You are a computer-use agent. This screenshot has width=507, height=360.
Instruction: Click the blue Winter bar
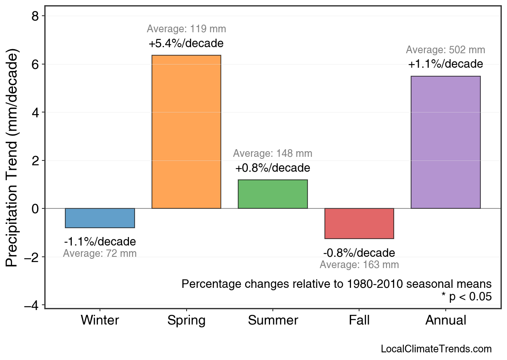(x=100, y=218)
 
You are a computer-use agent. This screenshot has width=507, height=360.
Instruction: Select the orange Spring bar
(x=186, y=132)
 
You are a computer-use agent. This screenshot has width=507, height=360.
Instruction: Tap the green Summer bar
(x=273, y=194)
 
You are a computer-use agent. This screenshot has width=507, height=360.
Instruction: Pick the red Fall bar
(x=359, y=223)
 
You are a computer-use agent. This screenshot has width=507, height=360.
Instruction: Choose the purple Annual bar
(x=445, y=142)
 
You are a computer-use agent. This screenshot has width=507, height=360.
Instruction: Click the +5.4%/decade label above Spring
(x=186, y=43)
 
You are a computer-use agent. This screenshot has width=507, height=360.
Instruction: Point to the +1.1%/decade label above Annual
(x=445, y=64)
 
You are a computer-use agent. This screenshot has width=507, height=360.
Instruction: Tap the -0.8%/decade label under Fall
(x=359, y=253)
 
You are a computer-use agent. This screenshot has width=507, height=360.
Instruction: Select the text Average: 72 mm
(x=100, y=254)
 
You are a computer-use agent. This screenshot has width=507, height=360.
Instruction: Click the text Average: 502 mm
(x=445, y=50)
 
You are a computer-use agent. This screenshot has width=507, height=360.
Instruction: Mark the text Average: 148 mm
(x=273, y=154)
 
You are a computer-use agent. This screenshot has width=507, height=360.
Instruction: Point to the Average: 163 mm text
(x=359, y=265)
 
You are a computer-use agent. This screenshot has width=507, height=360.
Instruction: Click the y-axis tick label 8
(x=36, y=16)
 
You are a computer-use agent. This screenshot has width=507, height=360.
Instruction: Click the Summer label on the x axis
(x=273, y=320)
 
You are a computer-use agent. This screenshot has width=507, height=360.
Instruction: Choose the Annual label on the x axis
(x=445, y=320)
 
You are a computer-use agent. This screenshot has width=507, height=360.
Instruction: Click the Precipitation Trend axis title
(x=12, y=158)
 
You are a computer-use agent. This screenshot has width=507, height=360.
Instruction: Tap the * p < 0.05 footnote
(x=466, y=297)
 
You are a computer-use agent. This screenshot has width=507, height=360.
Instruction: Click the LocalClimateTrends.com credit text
(x=436, y=349)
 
